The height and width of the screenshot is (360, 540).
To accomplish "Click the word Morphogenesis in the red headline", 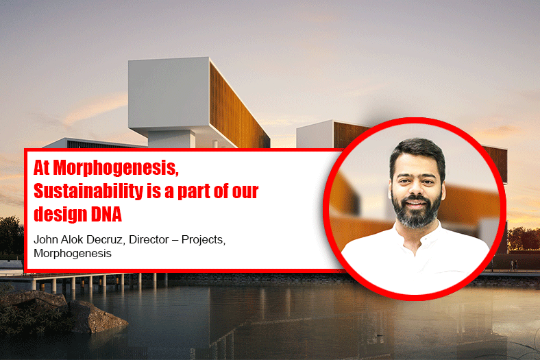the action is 116,169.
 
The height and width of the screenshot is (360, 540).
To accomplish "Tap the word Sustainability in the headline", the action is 88,191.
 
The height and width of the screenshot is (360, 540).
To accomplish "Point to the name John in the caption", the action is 46,239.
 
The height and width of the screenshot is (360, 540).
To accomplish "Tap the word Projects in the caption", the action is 204,240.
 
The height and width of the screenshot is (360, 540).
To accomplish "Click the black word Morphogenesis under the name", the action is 73,254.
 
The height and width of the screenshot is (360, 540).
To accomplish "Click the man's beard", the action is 417,211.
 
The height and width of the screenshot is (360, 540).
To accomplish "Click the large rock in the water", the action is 97,316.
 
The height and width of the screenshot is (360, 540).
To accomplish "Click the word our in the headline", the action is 245,192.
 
